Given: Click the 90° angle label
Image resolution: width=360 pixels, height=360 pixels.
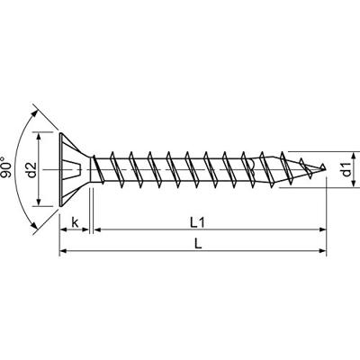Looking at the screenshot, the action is click(x=7, y=166).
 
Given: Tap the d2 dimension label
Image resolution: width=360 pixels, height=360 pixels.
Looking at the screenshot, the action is click(x=31, y=169).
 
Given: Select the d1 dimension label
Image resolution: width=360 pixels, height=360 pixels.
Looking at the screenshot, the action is click(x=346, y=170).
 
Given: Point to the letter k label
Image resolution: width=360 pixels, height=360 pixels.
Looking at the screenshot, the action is click(x=75, y=223).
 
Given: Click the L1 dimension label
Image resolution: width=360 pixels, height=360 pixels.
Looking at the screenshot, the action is click(x=198, y=223).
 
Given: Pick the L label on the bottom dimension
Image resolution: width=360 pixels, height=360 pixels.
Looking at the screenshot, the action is click(x=198, y=244).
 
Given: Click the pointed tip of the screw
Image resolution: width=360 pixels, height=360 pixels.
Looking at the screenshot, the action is click(x=325, y=168).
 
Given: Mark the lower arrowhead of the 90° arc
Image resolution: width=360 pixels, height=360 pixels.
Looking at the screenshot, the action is click(x=35, y=226).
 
